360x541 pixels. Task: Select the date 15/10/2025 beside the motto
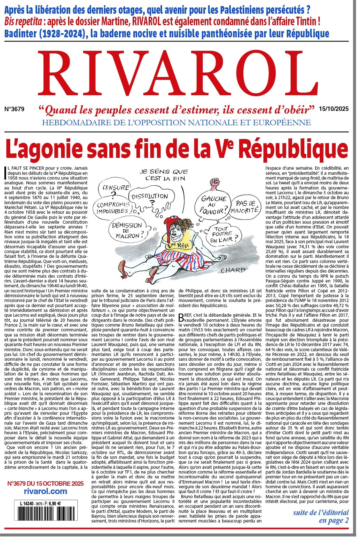[333, 109]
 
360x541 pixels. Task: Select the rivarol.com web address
[45, 491]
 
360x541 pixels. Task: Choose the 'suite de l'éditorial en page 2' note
[321, 516]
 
